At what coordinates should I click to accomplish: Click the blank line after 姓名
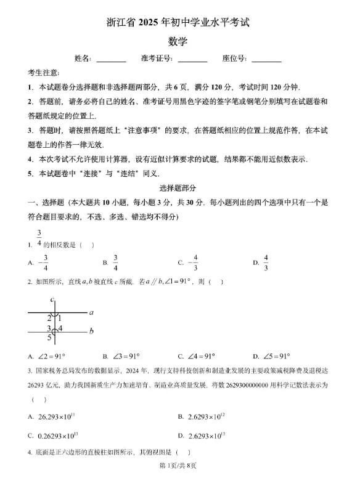point(111,60)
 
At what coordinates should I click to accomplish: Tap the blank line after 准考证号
point(192,60)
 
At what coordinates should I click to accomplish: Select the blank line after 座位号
point(266,60)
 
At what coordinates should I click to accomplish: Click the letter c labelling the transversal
point(53,299)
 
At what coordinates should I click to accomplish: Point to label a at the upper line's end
point(91,312)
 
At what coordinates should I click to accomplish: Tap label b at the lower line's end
point(91,331)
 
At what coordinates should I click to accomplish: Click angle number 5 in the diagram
point(49,338)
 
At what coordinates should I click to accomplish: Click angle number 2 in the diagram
point(49,318)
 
